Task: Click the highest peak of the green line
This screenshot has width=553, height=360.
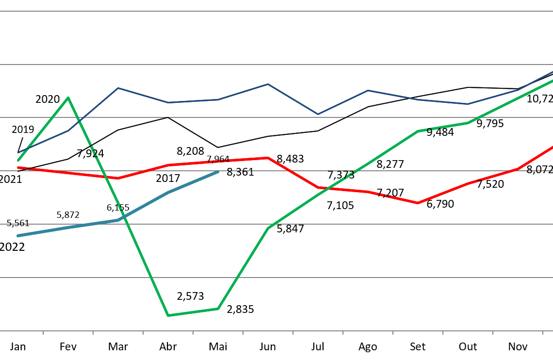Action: (68, 98)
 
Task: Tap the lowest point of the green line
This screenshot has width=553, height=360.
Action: (168, 315)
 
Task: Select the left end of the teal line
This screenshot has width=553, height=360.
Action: (18, 236)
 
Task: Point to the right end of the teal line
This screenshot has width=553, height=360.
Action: (218, 172)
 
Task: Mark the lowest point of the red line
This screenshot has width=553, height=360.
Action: (418, 203)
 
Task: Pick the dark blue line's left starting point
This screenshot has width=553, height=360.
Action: (18, 153)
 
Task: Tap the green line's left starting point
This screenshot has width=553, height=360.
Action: (18, 160)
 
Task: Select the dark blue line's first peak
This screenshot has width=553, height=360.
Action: (118, 88)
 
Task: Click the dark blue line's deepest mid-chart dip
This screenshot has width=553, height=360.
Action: (318, 115)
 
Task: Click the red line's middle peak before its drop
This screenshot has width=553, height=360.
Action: (268, 158)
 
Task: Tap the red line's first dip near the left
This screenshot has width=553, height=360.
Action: (118, 178)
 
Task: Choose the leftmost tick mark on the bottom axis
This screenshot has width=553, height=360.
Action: (43, 333)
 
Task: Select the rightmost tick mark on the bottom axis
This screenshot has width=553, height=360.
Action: (543, 333)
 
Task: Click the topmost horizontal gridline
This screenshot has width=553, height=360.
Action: (276, 11)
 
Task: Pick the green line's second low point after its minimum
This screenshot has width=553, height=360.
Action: (218, 309)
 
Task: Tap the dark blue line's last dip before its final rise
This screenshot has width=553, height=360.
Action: (468, 104)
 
